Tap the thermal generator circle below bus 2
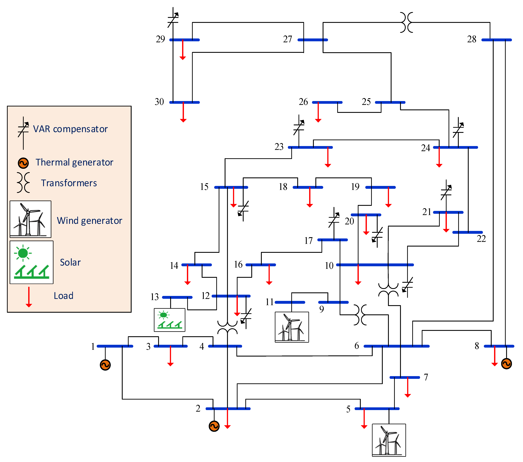tap(214, 426)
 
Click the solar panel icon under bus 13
tap(169, 320)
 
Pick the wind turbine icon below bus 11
tap(292, 327)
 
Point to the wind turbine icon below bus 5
tap(389, 440)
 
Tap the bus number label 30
tap(159, 102)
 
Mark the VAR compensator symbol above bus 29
tap(173, 18)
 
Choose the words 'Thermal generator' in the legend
tap(74, 162)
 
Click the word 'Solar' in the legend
tap(70, 262)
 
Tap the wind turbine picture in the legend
tap(30, 219)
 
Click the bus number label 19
tap(355, 187)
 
